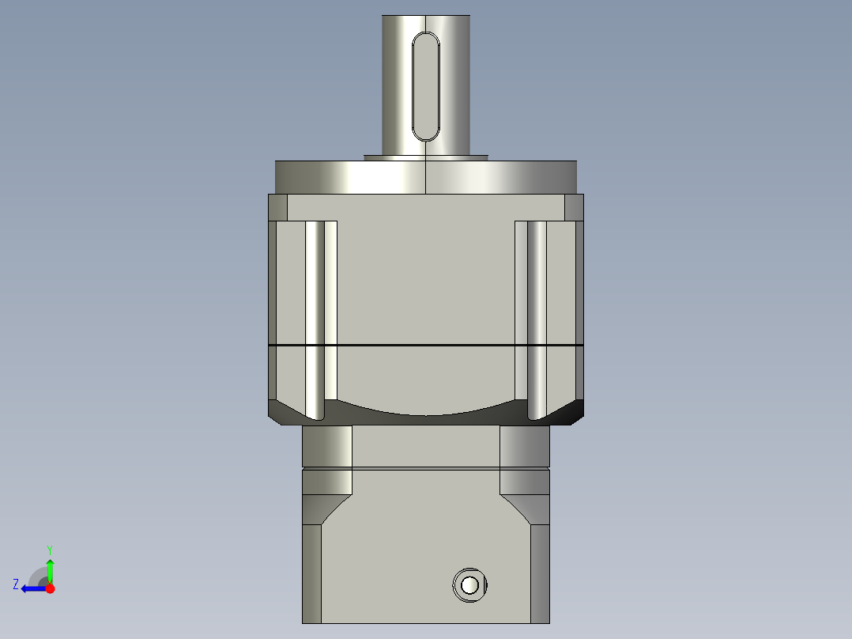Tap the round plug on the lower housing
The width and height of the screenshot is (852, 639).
pos(469,585)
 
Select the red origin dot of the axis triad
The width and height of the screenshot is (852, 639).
pos(51,588)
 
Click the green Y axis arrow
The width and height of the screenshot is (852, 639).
pos(50,569)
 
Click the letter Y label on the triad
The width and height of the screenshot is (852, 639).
pos(50,549)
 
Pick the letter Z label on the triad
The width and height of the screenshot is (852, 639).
pos(16,584)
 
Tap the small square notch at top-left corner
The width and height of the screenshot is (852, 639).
pos(277,208)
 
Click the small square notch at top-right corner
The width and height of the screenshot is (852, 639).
pos(574,208)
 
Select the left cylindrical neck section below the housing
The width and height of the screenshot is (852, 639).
pos(326,447)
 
